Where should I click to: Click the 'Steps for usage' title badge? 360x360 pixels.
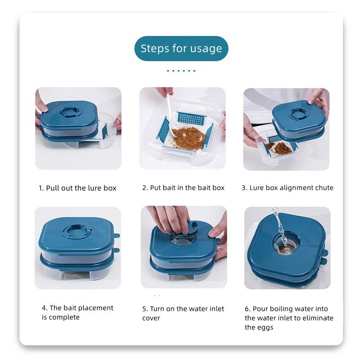coord(181,49)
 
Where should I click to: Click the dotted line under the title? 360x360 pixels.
coord(181,71)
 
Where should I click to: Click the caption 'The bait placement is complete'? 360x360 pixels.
coord(77,312)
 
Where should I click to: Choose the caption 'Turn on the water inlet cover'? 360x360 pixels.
coord(183,313)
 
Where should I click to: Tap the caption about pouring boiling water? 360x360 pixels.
coord(289,318)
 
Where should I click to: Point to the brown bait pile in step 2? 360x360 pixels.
coord(188,137)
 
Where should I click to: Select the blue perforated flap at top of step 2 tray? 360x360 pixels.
coord(191,118)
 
